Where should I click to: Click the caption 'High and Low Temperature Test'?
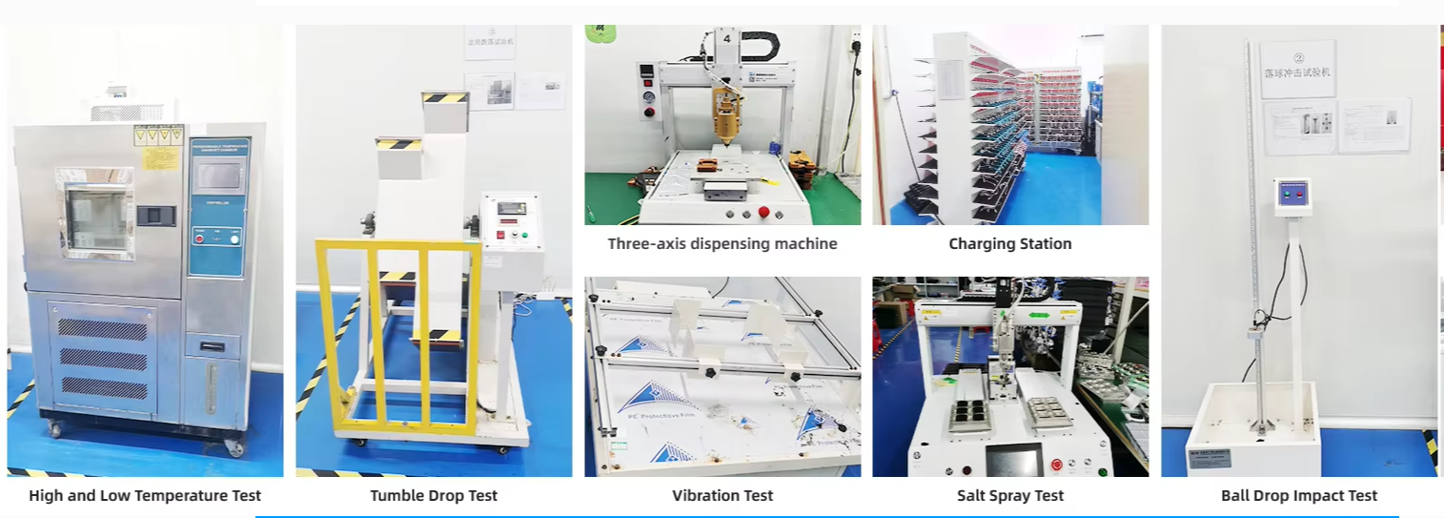[145, 495]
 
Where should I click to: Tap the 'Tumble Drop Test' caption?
[434, 495]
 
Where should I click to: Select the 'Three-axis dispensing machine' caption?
[722, 243]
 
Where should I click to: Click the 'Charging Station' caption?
[1010, 243]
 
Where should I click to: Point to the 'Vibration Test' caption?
[722, 495]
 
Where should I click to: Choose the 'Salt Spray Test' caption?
[1010, 495]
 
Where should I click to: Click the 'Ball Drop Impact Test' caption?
[1299, 495]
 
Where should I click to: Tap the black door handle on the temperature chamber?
[155, 215]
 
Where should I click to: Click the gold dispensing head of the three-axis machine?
[726, 119]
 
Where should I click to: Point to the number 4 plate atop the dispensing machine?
[726, 41]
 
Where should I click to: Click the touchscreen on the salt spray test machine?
[1012, 462]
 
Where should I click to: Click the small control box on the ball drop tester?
[1291, 197]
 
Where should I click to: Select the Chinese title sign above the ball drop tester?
[1297, 69]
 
